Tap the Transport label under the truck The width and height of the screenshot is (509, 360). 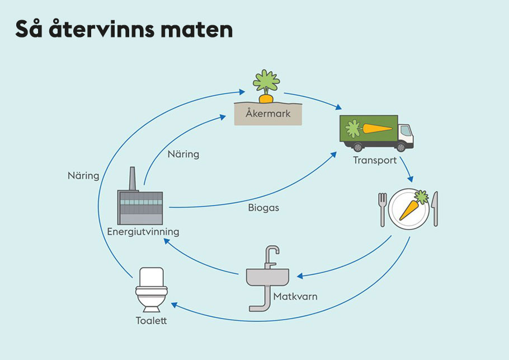375,160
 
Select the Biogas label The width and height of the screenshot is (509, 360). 263,208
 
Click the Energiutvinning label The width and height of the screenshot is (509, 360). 143,231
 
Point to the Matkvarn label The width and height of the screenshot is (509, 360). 295,296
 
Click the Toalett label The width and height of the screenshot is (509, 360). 151,321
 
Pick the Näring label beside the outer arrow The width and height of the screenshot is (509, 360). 82,175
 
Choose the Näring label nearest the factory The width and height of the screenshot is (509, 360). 183,154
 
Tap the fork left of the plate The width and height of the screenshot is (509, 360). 383,208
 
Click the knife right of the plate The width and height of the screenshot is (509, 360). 435,208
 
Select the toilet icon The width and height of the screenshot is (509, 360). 151,289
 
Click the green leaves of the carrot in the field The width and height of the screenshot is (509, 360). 266,82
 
